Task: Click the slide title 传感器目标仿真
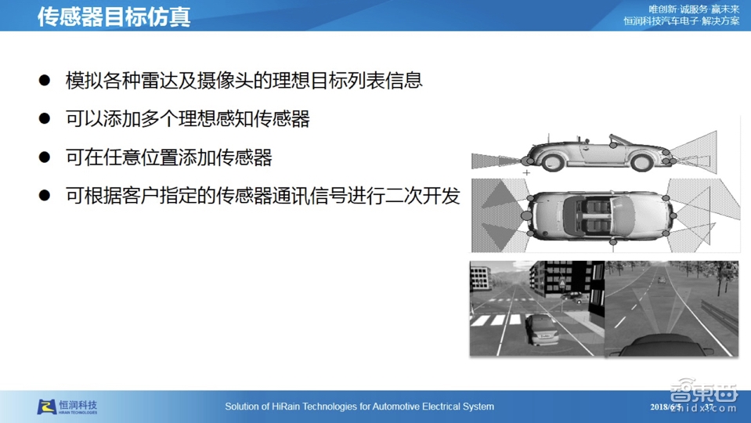[114, 16]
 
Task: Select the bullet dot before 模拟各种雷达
[45, 80]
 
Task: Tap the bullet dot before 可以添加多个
[45, 118]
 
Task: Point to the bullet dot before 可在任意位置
[45, 157]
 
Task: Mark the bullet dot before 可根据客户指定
[45, 196]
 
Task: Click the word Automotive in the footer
[400, 407]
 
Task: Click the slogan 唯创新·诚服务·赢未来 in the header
[694, 9]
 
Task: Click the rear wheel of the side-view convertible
[642, 162]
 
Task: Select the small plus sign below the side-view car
[527, 172]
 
